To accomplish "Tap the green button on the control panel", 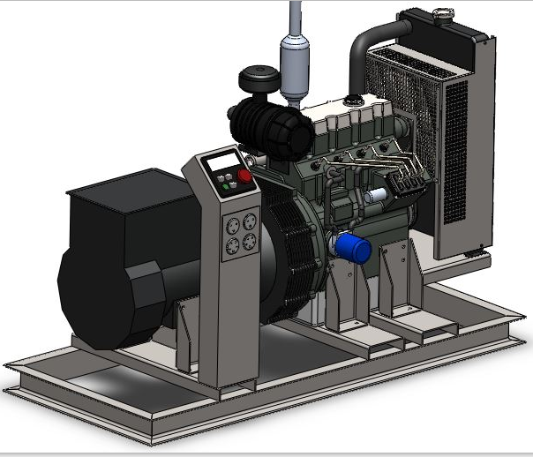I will [224, 176].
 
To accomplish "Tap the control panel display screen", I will [221, 161].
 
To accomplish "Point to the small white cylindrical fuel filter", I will [379, 193].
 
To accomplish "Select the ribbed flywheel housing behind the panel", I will [282, 247].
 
